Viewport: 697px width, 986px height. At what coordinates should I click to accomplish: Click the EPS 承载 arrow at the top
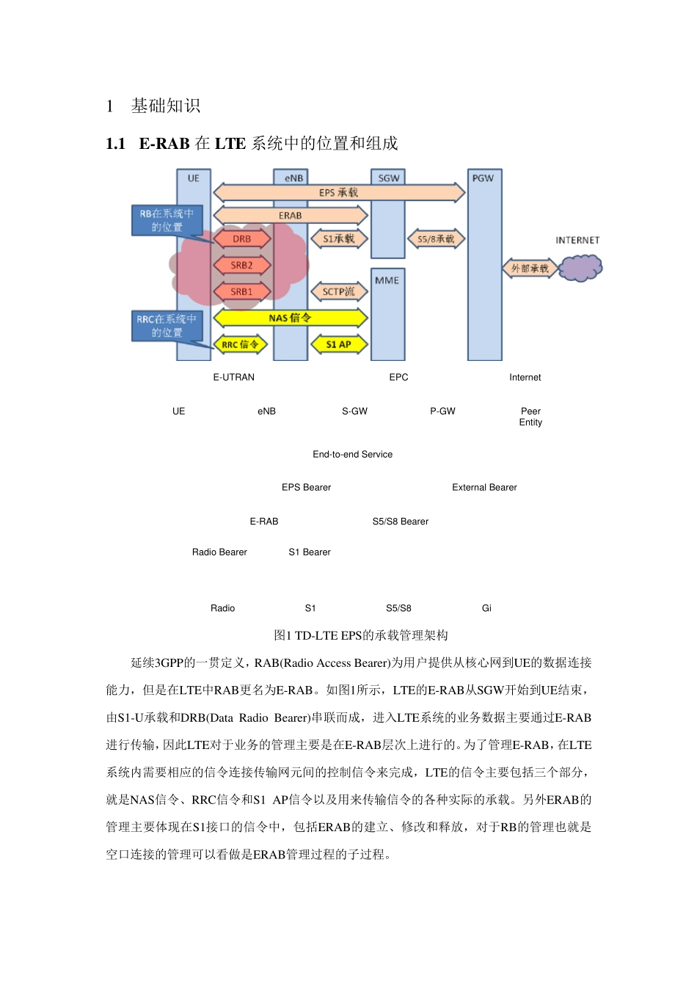pos(339,193)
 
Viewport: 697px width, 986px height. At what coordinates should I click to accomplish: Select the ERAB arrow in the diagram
pos(291,216)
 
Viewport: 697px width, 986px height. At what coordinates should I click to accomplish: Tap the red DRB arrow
pos(242,239)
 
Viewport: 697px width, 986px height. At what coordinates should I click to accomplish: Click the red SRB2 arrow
pos(242,266)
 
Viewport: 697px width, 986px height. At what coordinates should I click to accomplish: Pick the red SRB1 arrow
pos(242,292)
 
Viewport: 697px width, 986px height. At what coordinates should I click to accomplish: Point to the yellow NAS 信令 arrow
pos(291,318)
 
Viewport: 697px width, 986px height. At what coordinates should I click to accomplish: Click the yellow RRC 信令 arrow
pos(241,345)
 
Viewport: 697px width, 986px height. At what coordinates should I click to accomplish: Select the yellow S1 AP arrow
pos(339,345)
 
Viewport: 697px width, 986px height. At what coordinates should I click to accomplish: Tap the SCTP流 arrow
pos(339,292)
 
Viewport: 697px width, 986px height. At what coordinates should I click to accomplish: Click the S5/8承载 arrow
pos(437,239)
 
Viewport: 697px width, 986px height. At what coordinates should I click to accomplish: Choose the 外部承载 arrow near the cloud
pos(530,269)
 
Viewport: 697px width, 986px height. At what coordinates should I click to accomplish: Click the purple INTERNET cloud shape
pos(580,268)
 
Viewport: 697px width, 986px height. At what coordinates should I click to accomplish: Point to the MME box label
pos(387,280)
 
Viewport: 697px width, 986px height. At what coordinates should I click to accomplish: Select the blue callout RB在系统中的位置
pos(167,220)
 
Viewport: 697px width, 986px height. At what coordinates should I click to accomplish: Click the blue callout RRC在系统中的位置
pos(167,326)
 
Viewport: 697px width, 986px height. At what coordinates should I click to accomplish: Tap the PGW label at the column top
pos(483,178)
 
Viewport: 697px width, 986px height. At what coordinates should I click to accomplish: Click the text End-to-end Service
pos(352,455)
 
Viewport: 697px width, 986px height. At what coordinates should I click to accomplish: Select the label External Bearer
pos(484,488)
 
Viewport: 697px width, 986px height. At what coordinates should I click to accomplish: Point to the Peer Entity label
pos(530,417)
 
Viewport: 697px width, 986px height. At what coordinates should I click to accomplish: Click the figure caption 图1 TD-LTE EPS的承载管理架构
pos(360,635)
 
